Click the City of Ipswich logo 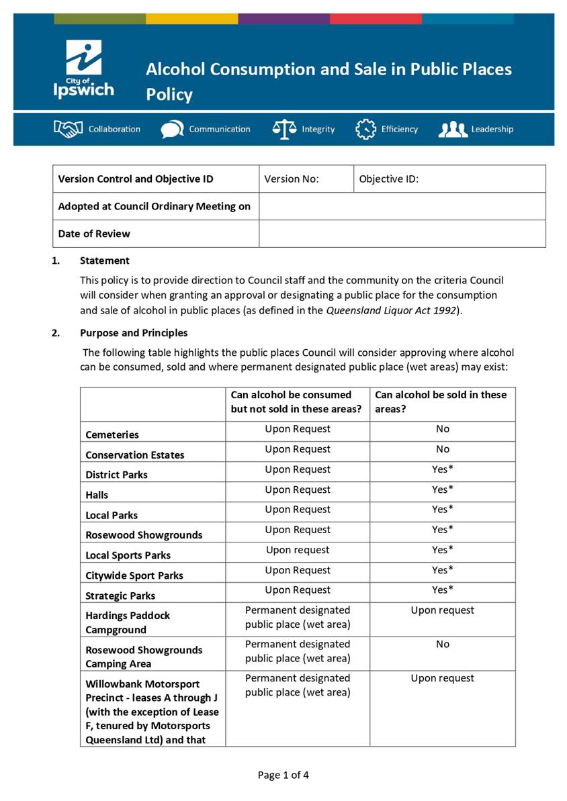[84, 69]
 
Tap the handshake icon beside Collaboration [68, 129]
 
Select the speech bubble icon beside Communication [172, 129]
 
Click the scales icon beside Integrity [284, 129]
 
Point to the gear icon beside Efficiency [365, 129]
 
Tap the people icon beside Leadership [453, 129]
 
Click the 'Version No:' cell [292, 179]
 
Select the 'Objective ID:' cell [388, 179]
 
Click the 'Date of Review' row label [94, 234]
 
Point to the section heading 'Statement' [104, 261]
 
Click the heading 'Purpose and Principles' [134, 333]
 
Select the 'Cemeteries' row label [112, 434]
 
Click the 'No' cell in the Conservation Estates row [442, 449]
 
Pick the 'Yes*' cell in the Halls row [442, 489]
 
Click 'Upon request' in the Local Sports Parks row [298, 550]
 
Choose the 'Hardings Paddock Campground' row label [128, 622]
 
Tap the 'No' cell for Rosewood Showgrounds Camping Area [442, 644]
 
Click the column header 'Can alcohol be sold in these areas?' [441, 402]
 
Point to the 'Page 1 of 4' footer [283, 775]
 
